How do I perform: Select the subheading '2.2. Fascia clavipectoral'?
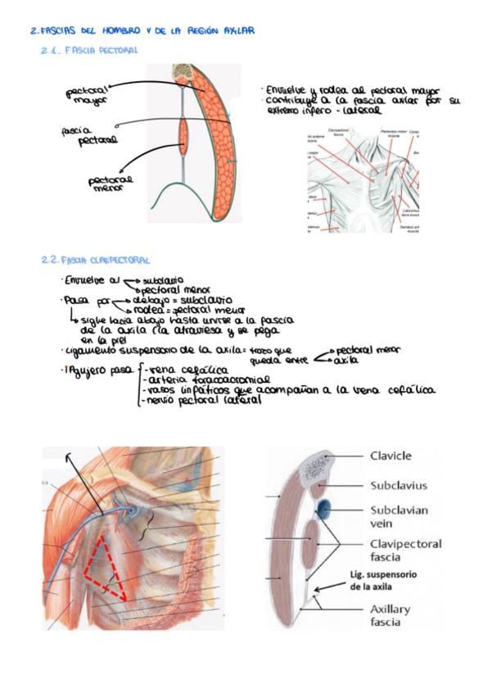95,260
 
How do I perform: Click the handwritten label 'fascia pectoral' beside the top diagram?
85,135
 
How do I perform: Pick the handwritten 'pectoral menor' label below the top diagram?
113,183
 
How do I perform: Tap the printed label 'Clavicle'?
390,457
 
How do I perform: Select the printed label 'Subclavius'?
399,485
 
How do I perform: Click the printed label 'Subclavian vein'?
399,516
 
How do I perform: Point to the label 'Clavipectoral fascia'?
405,550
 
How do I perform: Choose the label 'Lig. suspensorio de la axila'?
383,580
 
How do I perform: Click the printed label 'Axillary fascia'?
390,616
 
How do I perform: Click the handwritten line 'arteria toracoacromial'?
196,379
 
